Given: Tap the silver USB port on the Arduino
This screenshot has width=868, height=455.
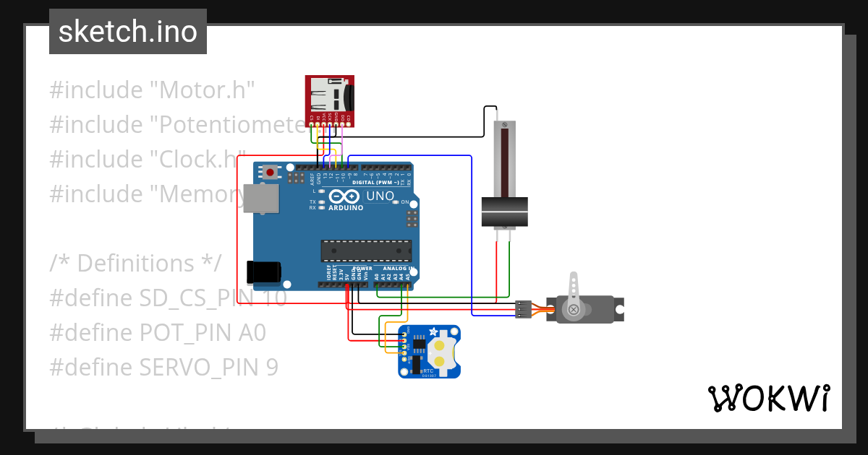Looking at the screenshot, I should (260, 198).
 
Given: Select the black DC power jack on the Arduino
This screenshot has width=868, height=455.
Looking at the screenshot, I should (263, 272).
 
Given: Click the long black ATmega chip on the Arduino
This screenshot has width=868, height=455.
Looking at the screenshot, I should (366, 250).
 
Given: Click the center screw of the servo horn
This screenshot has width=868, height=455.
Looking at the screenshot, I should (574, 310).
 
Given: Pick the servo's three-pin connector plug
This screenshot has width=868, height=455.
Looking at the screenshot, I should (523, 309).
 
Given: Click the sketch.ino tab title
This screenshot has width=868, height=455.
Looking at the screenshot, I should (128, 32).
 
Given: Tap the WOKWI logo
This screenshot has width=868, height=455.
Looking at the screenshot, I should (768, 398).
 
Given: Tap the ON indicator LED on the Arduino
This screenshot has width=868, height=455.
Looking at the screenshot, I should (396, 202).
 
